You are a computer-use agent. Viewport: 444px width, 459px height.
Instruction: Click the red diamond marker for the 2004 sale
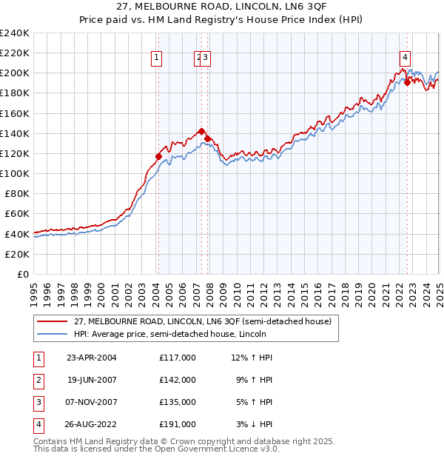tap(158, 156)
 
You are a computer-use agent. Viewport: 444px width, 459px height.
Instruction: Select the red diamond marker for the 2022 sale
tap(407, 82)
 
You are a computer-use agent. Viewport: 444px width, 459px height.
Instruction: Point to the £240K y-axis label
tap(14, 33)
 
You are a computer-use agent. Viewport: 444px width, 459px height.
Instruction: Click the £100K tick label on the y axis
tap(14, 173)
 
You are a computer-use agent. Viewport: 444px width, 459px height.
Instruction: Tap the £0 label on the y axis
tap(22, 274)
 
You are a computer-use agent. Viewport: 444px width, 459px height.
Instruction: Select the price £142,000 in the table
tap(178, 380)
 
